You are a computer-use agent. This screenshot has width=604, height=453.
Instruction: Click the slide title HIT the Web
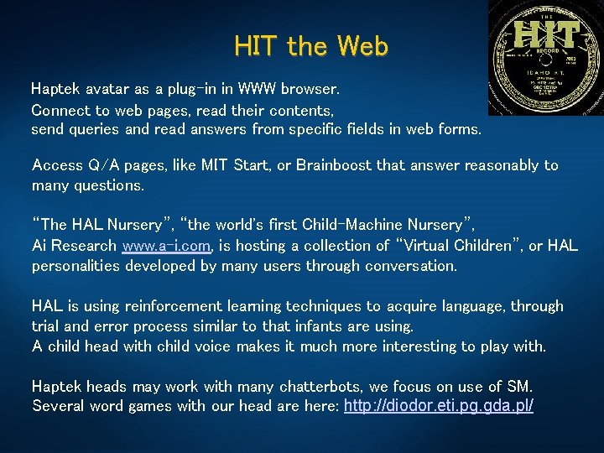[x=311, y=46]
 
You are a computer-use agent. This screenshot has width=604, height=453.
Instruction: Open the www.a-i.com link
[x=167, y=246]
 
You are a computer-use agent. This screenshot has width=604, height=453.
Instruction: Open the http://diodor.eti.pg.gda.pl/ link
[x=439, y=407]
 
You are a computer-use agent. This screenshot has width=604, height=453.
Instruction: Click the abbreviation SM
[x=518, y=387]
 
